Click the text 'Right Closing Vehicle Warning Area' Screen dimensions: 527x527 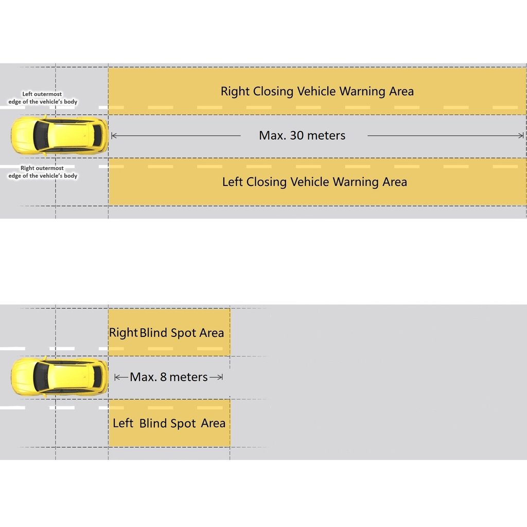[317, 92]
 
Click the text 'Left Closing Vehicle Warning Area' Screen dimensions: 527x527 [314, 182]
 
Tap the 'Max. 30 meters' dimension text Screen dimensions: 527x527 [302, 135]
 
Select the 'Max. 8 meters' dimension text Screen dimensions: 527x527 [168, 377]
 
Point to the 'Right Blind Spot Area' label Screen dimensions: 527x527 [166, 333]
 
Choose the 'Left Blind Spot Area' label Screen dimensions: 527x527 [169, 423]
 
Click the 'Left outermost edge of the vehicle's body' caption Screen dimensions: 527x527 [43, 98]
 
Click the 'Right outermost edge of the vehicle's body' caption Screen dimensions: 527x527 [43, 172]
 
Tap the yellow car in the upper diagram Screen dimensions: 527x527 [59, 135]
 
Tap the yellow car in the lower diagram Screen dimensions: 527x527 [59, 377]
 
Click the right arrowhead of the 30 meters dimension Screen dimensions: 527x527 [520, 135]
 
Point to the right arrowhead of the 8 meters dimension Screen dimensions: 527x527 [220, 377]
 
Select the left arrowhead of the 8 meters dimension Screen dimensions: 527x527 [118, 377]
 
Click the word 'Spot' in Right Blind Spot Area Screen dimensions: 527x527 [184, 333]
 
